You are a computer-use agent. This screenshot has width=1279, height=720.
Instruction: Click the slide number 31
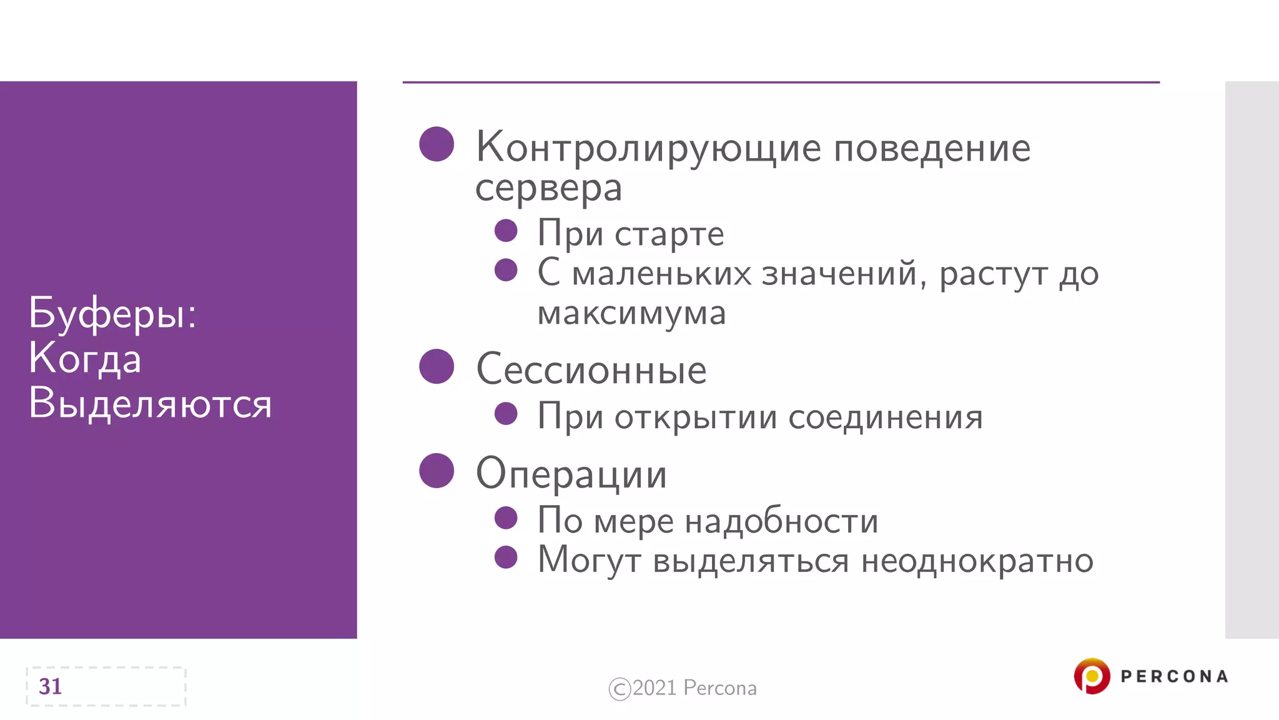(x=50, y=686)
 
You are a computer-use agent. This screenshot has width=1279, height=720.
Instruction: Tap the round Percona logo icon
(x=1092, y=676)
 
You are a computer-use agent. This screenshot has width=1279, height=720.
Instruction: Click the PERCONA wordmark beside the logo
(x=1174, y=676)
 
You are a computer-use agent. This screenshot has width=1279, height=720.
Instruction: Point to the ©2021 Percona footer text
(x=683, y=688)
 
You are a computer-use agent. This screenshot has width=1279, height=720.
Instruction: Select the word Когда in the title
(x=85, y=359)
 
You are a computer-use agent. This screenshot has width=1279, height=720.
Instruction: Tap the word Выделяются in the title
(x=150, y=403)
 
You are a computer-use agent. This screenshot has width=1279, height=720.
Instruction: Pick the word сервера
(x=548, y=187)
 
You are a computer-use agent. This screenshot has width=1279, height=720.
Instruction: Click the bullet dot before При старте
(x=506, y=231)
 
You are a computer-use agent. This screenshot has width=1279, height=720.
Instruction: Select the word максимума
(x=631, y=313)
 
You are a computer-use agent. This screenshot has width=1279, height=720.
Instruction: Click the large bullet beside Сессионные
(x=437, y=366)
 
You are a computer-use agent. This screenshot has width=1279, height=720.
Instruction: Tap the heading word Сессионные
(x=591, y=369)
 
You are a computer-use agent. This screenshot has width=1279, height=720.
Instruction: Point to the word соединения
(x=885, y=417)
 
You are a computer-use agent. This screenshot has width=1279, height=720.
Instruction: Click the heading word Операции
(x=571, y=474)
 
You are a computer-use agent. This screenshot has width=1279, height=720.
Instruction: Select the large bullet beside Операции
(x=437, y=471)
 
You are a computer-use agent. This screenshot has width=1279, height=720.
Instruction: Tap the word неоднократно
(x=977, y=560)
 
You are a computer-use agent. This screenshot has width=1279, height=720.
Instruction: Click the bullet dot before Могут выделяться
(x=506, y=557)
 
